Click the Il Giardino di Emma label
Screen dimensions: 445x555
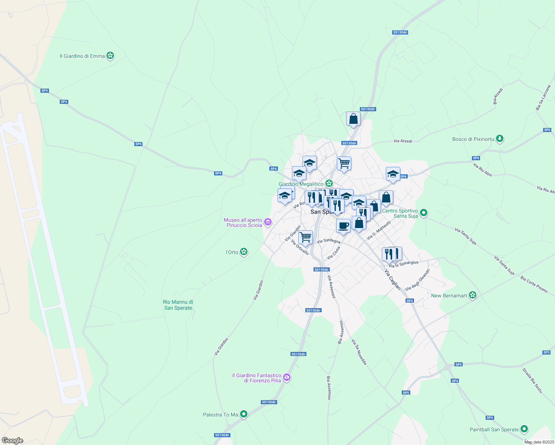(82, 56)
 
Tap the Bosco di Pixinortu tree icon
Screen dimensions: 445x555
(500, 139)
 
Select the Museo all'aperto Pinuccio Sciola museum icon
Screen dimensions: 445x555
(267, 222)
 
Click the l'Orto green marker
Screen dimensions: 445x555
(243, 252)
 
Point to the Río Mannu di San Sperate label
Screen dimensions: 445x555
(178, 305)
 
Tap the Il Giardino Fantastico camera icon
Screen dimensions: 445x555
(286, 378)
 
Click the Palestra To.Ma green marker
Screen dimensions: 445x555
(243, 414)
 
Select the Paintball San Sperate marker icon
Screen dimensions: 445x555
(524, 429)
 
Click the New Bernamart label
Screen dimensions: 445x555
(449, 296)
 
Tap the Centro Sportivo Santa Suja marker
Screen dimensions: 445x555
(424, 213)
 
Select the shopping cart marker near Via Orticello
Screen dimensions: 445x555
(305, 237)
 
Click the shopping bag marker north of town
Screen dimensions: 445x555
(353, 119)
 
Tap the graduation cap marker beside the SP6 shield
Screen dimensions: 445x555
(393, 174)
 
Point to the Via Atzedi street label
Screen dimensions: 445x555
(403, 141)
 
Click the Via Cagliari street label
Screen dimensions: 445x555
(393, 280)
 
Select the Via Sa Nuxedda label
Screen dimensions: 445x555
(359, 352)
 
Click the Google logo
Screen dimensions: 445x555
(13, 440)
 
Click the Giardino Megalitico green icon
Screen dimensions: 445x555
(329, 183)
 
